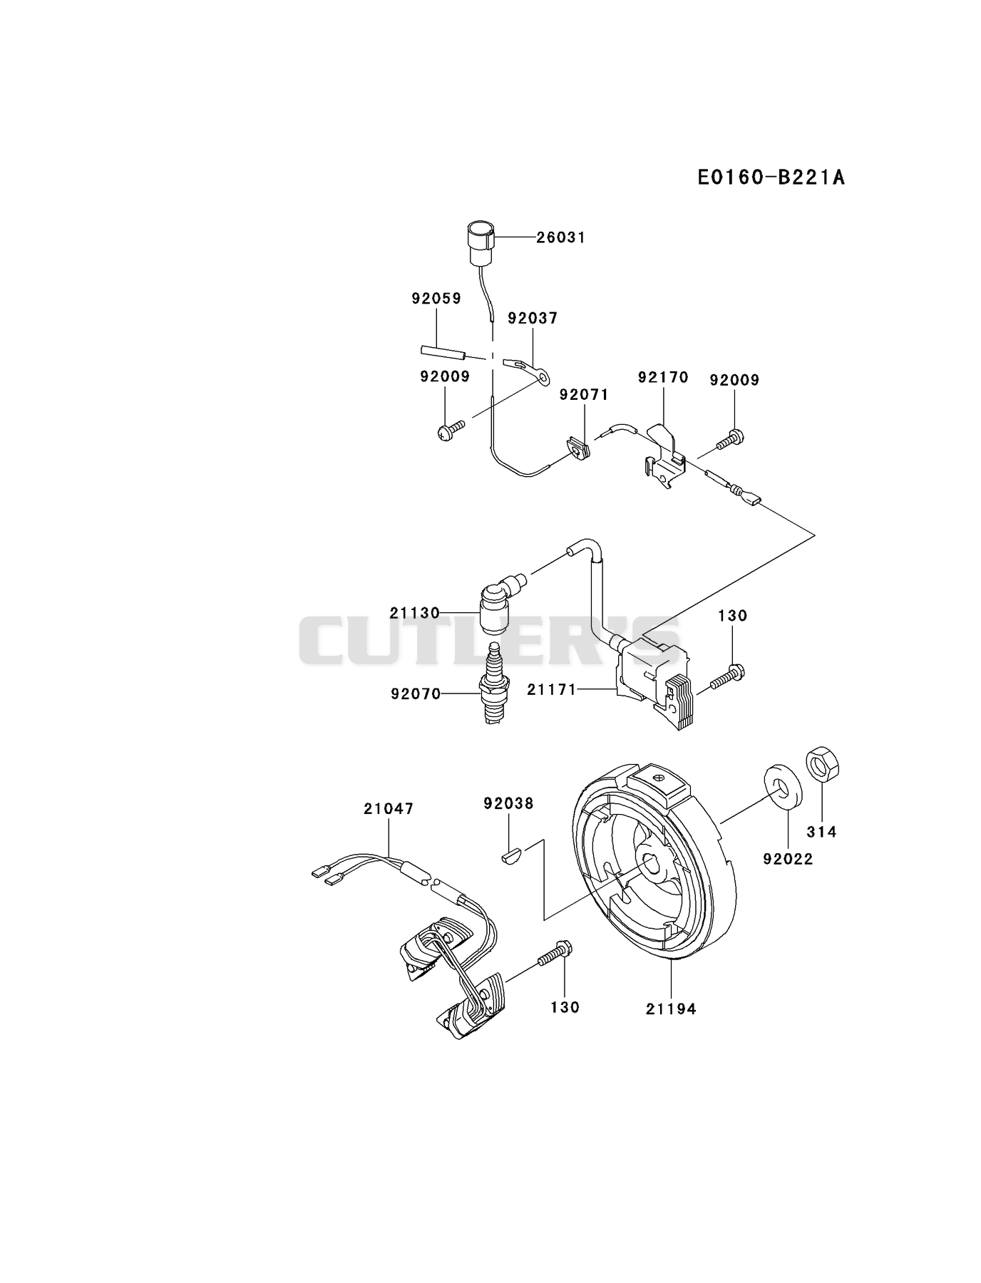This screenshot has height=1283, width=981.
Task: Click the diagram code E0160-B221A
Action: (771, 177)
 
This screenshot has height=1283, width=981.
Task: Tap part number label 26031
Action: (560, 237)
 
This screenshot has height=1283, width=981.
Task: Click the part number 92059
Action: (436, 299)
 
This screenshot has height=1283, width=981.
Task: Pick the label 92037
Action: (533, 319)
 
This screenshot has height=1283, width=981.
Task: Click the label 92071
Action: (584, 394)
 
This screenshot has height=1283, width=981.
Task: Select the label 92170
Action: (663, 377)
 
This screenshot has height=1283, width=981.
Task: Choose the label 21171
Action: (551, 690)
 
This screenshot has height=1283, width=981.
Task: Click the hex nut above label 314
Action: (822, 765)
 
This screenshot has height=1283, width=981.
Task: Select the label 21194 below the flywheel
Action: (671, 1009)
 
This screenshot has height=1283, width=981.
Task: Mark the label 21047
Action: (389, 809)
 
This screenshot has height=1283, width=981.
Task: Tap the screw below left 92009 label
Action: (450, 429)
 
